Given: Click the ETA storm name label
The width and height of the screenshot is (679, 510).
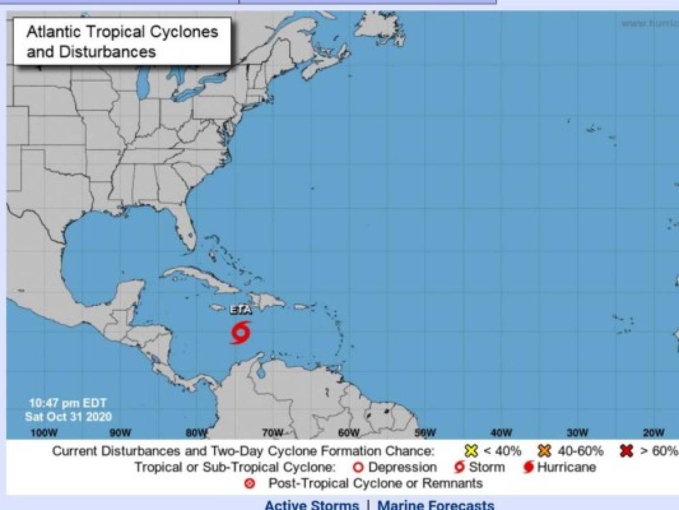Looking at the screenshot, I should [241, 311].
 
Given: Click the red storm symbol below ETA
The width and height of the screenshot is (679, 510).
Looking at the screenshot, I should [241, 333].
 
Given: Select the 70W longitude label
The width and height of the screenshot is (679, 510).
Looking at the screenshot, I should [272, 433].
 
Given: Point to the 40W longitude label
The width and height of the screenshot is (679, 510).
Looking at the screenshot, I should [501, 433].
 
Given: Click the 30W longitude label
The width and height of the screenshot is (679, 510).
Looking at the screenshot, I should [577, 433].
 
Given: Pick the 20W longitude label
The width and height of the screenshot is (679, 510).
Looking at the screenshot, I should [653, 433].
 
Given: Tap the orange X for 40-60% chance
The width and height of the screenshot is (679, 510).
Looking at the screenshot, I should [545, 451].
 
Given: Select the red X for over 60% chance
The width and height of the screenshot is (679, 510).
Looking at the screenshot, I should [626, 451].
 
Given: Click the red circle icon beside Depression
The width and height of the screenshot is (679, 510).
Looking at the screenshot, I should [358, 467].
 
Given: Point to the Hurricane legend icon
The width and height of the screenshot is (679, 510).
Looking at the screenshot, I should [528, 467].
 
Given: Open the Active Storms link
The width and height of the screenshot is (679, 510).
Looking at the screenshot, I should [311, 504].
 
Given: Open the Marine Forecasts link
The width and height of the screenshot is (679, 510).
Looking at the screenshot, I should [435, 504].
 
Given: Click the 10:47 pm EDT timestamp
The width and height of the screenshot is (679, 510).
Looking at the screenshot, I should [68, 404].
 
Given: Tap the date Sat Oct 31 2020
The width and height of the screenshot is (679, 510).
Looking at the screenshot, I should [68, 416].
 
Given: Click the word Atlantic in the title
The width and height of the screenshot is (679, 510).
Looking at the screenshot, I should [54, 32].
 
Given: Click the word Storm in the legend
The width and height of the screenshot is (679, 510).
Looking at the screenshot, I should [486, 467].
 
